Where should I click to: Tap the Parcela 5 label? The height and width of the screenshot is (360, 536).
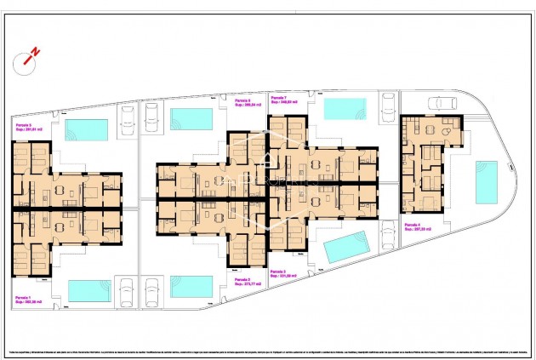26,126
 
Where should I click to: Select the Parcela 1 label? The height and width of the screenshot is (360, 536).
26,298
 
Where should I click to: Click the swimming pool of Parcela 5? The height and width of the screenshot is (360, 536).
87,129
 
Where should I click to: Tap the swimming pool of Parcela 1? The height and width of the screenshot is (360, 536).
89,291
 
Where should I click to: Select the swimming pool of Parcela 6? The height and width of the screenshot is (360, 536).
191,118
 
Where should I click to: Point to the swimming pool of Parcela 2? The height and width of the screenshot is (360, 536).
191,286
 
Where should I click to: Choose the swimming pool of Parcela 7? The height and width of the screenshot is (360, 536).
345,110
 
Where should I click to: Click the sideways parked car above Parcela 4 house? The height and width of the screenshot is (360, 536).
442,104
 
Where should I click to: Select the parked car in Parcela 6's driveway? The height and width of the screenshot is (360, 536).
151,116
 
